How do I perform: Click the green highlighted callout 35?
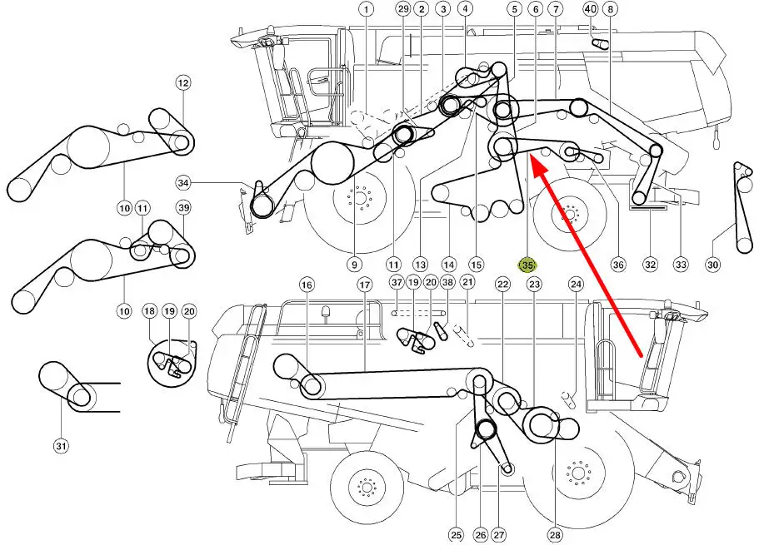(527, 265)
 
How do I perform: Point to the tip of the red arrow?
(530, 156)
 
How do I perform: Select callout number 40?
(591, 8)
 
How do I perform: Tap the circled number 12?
(183, 82)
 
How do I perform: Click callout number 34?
(183, 183)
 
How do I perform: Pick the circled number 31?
(61, 446)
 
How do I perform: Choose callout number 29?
(402, 8)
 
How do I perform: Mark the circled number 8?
(611, 8)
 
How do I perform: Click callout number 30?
(712, 265)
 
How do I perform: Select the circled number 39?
(183, 207)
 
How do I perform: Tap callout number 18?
(149, 311)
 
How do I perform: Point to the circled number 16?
(307, 285)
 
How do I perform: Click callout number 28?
(555, 536)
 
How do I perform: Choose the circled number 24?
(576, 285)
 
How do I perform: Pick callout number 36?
(618, 265)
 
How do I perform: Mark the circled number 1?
(367, 9)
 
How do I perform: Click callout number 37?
(397, 282)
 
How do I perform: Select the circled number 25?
(457, 536)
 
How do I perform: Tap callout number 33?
(681, 265)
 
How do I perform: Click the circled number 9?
(354, 265)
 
